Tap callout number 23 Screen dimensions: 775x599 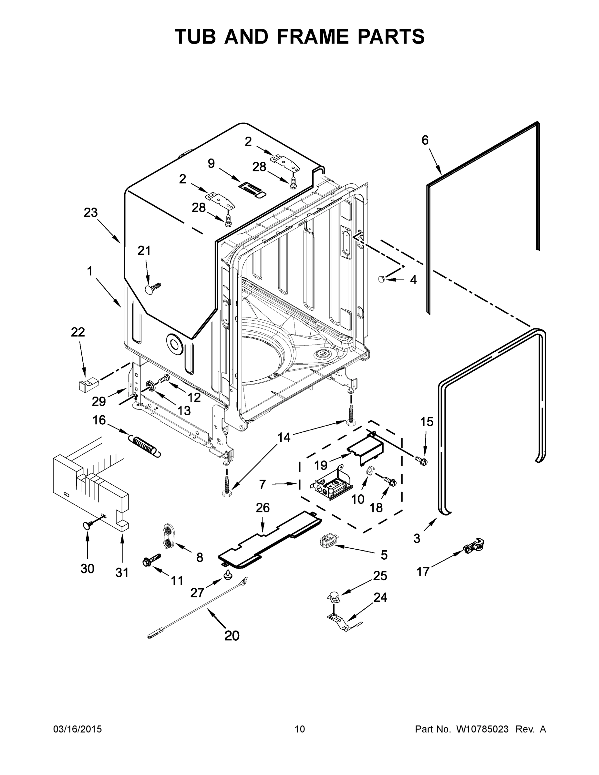click(x=90, y=212)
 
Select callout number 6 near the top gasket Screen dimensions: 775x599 click(x=425, y=140)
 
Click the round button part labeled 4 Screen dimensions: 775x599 click(x=381, y=280)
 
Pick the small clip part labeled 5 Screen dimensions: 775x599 click(x=327, y=542)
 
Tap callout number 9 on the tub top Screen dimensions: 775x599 click(x=211, y=164)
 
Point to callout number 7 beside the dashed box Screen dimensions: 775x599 click(x=262, y=484)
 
